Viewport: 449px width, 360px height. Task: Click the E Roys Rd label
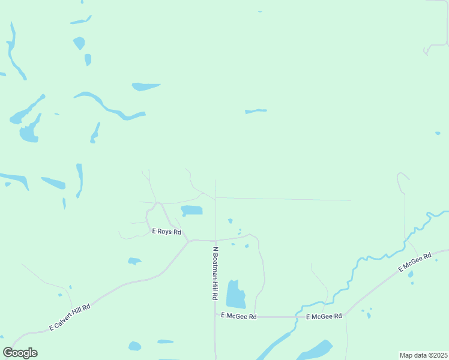click(x=166, y=232)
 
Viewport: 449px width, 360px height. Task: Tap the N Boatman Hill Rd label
click(x=214, y=272)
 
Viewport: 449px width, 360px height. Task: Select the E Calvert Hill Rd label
click(x=70, y=317)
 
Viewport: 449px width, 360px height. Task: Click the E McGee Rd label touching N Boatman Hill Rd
click(x=239, y=316)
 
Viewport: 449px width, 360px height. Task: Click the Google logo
click(x=20, y=353)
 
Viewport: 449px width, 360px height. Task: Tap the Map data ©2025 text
click(x=423, y=355)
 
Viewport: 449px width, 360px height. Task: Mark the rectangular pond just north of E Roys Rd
click(x=192, y=210)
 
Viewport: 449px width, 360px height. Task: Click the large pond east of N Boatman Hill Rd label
click(x=235, y=294)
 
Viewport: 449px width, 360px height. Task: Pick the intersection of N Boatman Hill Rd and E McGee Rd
click(x=215, y=316)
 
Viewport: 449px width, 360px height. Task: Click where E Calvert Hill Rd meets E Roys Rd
click(x=188, y=241)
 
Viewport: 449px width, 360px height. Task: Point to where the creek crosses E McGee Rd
click(x=297, y=316)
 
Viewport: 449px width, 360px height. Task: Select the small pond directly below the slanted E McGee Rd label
click(x=411, y=275)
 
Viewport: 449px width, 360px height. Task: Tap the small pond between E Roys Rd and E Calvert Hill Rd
click(x=134, y=261)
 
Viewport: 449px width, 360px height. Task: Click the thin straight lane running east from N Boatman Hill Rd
click(x=282, y=199)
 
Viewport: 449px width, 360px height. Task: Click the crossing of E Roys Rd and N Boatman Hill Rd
click(x=215, y=240)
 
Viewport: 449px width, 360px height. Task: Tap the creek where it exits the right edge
click(x=444, y=212)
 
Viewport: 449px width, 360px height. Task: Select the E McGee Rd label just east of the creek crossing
click(x=324, y=316)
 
